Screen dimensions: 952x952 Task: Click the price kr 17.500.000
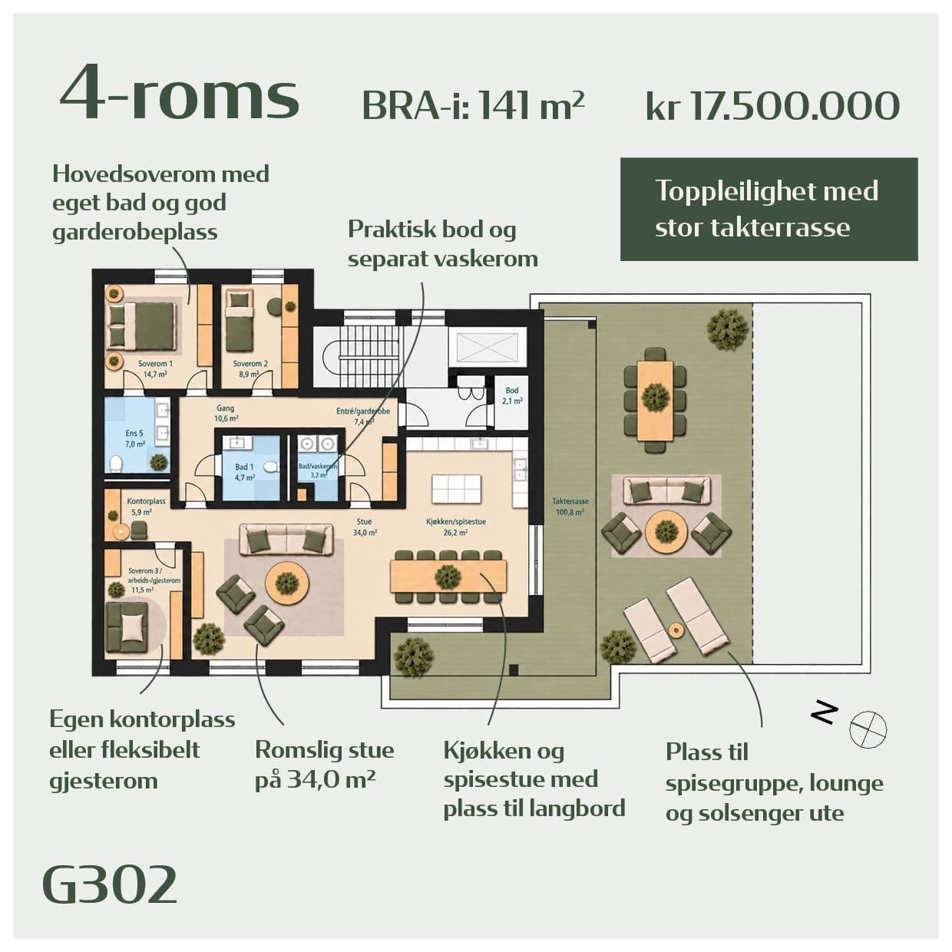(772, 105)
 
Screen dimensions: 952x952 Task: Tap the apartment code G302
(110, 884)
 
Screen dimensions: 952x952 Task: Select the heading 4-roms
(180, 92)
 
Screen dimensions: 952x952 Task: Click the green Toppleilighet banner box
(769, 209)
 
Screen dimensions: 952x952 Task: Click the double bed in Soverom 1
(142, 324)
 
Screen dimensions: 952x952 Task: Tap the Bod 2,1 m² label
(512, 395)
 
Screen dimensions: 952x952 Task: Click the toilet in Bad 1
(271, 466)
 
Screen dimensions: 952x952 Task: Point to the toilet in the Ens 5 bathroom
(117, 464)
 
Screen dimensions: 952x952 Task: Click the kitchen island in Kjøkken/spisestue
(456, 489)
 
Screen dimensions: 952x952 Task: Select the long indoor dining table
(448, 576)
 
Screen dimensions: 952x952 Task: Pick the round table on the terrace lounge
(666, 531)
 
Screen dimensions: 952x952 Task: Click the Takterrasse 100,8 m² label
(570, 507)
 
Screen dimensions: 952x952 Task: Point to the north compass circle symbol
(868, 729)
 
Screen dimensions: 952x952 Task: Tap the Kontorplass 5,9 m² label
(146, 507)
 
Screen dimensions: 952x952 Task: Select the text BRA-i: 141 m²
(473, 105)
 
